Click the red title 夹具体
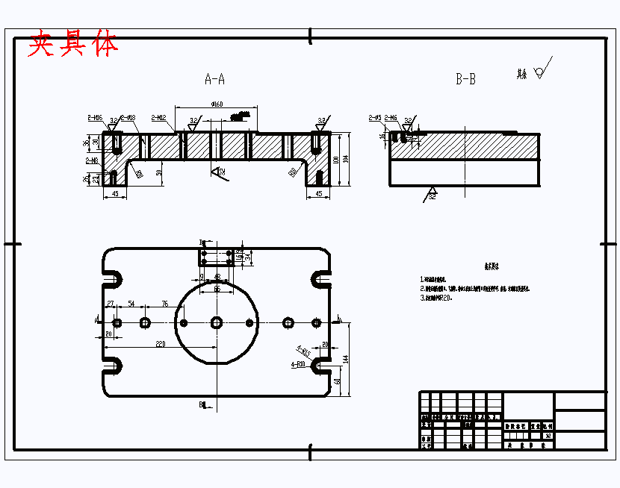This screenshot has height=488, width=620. tap(73, 45)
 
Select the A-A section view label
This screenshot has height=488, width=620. tap(215, 78)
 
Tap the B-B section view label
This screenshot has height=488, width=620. tap(465, 79)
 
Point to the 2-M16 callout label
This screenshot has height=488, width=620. tap(95, 117)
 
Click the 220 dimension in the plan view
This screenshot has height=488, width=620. tap(160, 345)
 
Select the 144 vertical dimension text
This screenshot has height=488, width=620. tap(345, 359)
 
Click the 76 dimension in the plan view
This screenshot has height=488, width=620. tap(165, 304)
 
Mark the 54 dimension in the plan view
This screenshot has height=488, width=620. tap(131, 304)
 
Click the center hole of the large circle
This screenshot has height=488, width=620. tap(217, 322)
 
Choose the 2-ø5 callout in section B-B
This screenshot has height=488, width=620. tap(375, 117)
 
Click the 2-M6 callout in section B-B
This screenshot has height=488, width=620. tap(391, 117)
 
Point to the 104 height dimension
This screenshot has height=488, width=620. tap(345, 160)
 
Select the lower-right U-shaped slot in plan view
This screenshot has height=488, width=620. tap(320, 366)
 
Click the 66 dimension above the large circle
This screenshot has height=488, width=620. tap(217, 288)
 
